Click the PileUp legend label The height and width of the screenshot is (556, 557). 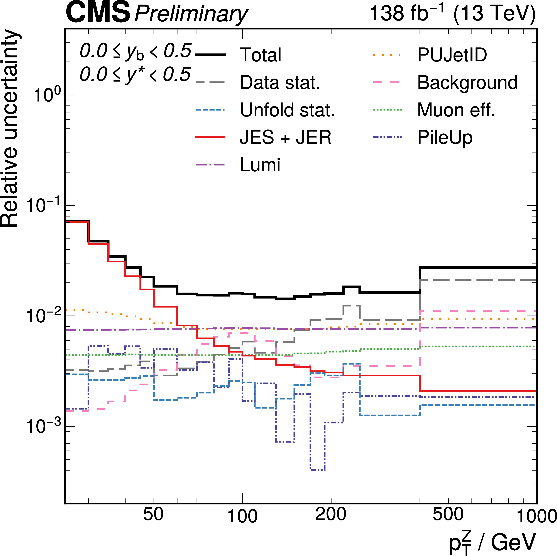(x=445, y=138)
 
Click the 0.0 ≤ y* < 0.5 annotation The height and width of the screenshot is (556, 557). (x=135, y=74)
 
